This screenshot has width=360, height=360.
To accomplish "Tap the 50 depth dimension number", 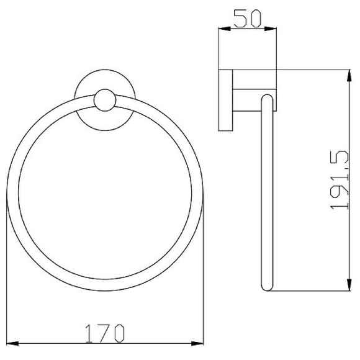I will click(246, 17).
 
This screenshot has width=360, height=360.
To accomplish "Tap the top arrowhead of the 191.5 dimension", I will click(346, 74).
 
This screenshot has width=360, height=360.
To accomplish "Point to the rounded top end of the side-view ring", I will click(267, 98).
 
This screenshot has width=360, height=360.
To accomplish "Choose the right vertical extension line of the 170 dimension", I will click(205, 279).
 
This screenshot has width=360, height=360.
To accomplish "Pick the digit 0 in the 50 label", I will click(254, 17).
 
